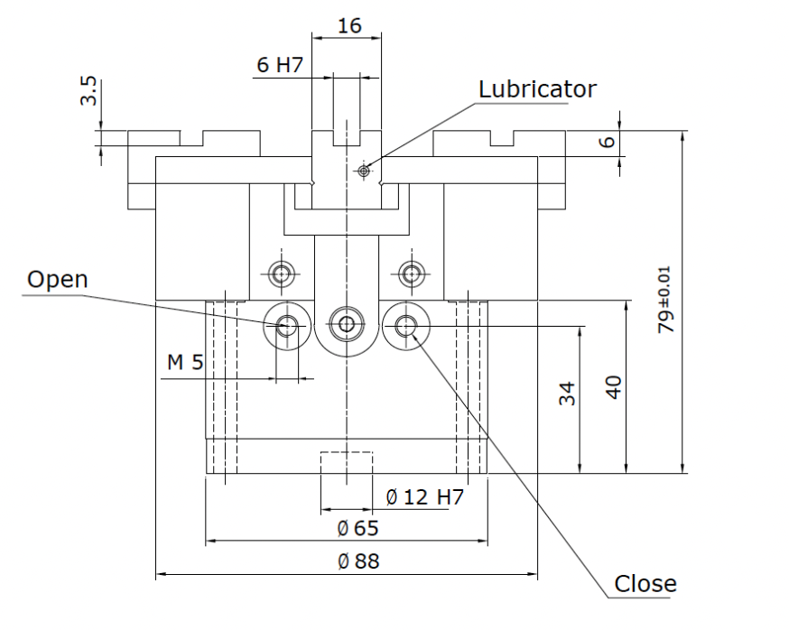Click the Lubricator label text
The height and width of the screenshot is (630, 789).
(x=537, y=89)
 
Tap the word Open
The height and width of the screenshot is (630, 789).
(x=58, y=279)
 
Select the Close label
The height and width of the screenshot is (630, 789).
(x=645, y=584)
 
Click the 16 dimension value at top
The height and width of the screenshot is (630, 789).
(x=349, y=25)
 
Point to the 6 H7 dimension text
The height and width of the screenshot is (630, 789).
(x=280, y=65)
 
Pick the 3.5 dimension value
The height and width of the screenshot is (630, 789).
(x=88, y=90)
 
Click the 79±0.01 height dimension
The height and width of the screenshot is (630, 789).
(x=664, y=300)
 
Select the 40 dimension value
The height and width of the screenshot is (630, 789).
(x=613, y=387)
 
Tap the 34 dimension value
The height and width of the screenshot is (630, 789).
(x=567, y=393)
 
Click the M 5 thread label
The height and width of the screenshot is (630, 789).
(x=185, y=362)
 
